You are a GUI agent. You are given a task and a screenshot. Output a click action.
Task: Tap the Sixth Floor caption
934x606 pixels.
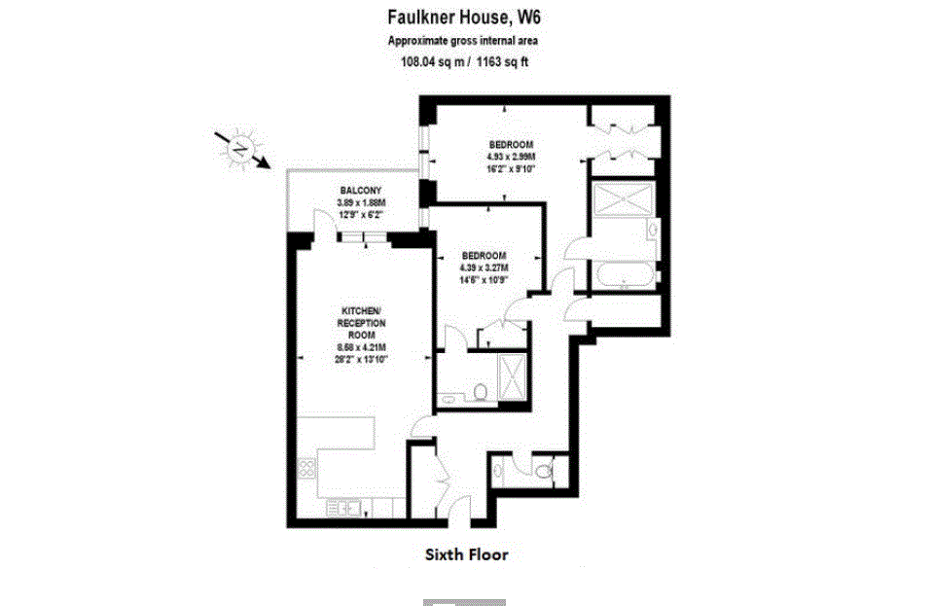click(466, 555)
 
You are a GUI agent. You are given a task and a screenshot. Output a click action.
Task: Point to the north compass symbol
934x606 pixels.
click(239, 149)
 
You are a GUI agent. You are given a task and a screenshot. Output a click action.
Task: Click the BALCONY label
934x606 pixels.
click(360, 190)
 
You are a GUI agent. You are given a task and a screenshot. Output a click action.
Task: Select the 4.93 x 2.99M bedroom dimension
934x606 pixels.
click(513, 156)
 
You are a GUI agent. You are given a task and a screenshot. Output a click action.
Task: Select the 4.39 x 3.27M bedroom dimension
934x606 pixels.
click(484, 267)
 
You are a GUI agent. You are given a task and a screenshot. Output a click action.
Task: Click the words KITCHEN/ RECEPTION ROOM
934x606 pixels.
click(361, 322)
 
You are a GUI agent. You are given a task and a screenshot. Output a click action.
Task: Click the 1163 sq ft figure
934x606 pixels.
click(502, 62)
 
